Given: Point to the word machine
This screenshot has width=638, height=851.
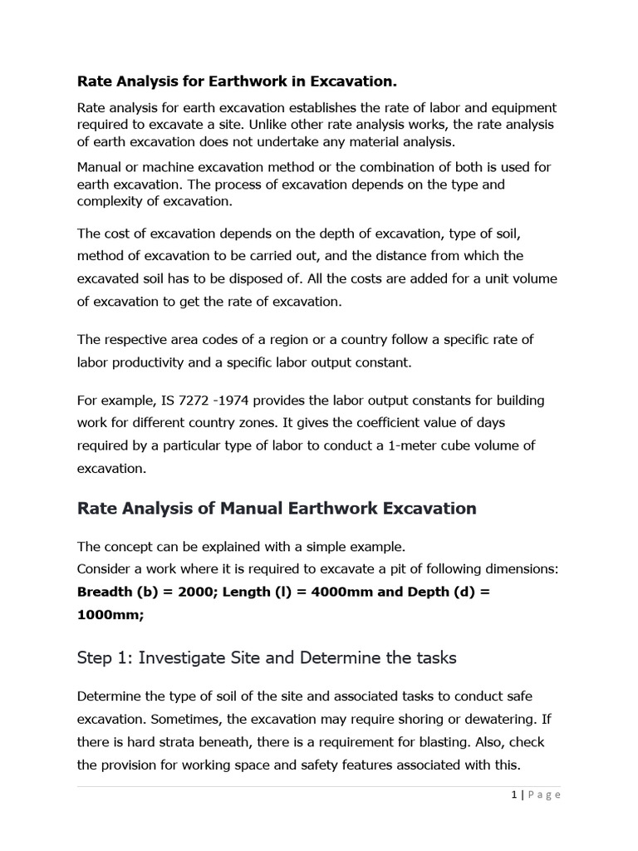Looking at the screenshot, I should click(x=170, y=167).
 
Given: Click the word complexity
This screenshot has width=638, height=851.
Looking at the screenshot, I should click(x=111, y=200).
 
